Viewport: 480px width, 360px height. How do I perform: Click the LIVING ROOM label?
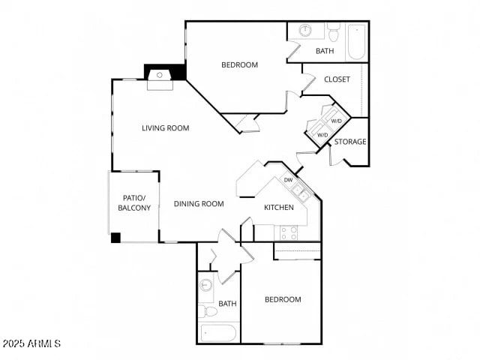click(166, 127)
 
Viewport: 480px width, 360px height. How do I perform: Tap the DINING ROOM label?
click(199, 203)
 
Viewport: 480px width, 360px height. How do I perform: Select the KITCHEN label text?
click(278, 208)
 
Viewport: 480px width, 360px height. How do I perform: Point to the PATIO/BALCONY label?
click(134, 202)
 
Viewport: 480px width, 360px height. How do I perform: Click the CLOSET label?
click(337, 79)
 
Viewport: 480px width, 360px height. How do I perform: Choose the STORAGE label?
click(350, 142)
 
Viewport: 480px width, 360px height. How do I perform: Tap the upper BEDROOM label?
click(239, 64)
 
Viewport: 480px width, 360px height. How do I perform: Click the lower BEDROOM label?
click(283, 299)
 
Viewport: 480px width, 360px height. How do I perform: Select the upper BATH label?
click(325, 51)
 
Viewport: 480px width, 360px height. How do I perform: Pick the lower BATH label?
click(228, 304)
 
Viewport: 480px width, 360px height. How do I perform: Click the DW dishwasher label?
click(288, 180)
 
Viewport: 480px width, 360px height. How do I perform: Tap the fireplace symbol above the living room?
click(160, 76)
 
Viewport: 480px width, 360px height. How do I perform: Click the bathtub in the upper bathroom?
click(356, 41)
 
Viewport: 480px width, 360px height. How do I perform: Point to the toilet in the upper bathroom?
click(334, 31)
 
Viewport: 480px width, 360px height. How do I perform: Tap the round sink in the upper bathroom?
click(305, 31)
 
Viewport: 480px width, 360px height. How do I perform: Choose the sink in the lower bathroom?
click(205, 285)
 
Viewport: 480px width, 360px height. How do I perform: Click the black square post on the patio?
click(115, 238)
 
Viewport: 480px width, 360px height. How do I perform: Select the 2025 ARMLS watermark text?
click(31, 343)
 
